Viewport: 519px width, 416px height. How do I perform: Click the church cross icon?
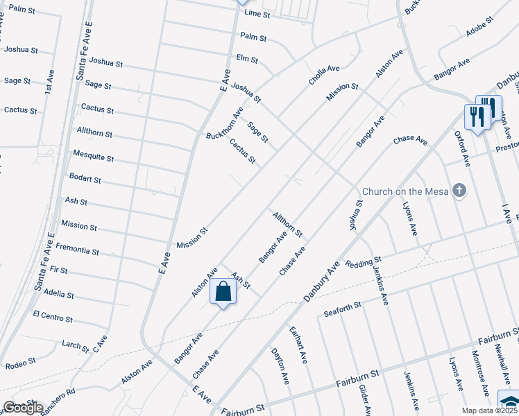(459, 190)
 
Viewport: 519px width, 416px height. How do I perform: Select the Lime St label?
(257, 14)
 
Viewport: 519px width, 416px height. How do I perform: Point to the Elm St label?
(247, 60)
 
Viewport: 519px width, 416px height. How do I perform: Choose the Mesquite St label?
(93, 157)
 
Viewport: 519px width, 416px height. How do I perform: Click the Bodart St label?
(85, 179)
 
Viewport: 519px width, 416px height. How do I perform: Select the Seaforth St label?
(343, 310)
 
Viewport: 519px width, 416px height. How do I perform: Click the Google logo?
(23, 408)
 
